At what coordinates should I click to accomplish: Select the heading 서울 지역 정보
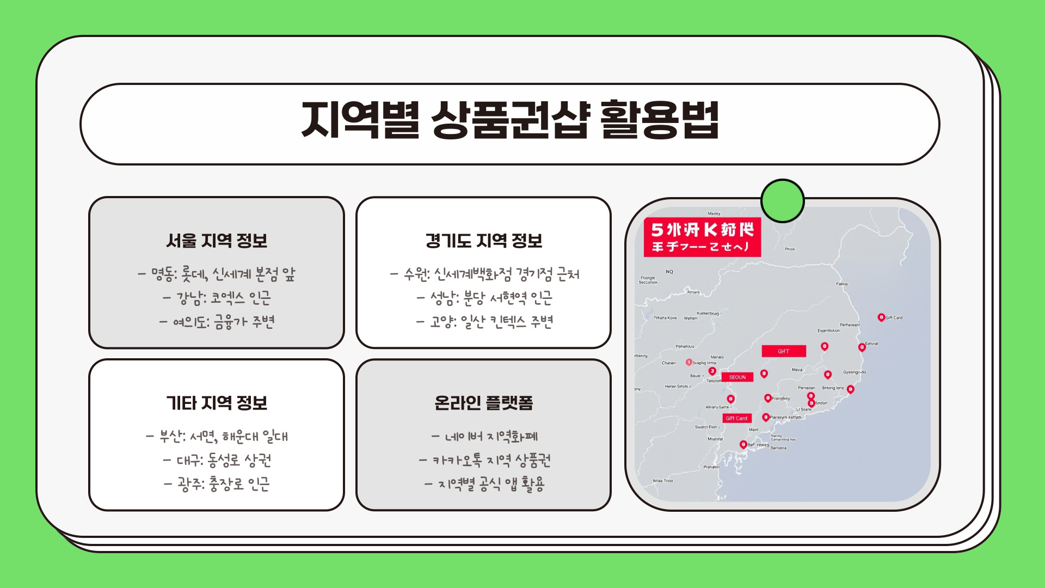click(x=217, y=241)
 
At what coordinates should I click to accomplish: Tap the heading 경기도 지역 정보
click(x=484, y=241)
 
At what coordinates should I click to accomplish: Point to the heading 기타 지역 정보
click(x=217, y=403)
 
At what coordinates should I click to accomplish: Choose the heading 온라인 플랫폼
click(x=484, y=403)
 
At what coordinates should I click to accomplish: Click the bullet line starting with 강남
click(x=217, y=298)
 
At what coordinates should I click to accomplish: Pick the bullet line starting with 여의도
click(x=217, y=322)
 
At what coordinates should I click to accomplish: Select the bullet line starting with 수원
click(x=484, y=274)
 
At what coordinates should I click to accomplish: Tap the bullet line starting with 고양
click(x=484, y=322)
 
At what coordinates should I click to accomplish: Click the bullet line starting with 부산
click(x=217, y=437)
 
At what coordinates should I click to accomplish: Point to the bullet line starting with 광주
click(x=217, y=483)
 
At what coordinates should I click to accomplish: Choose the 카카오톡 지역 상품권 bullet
click(x=484, y=461)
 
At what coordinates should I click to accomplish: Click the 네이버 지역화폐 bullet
click(x=484, y=437)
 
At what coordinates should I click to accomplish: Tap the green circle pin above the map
click(x=782, y=201)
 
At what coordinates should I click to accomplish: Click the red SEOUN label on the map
click(x=737, y=377)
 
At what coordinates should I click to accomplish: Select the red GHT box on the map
click(x=783, y=351)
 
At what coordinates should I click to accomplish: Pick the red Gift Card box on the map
click(x=736, y=418)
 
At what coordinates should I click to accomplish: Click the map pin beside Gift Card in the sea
click(x=881, y=317)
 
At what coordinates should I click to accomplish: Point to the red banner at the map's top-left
click(x=702, y=237)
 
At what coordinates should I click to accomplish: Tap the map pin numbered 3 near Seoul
click(x=712, y=371)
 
